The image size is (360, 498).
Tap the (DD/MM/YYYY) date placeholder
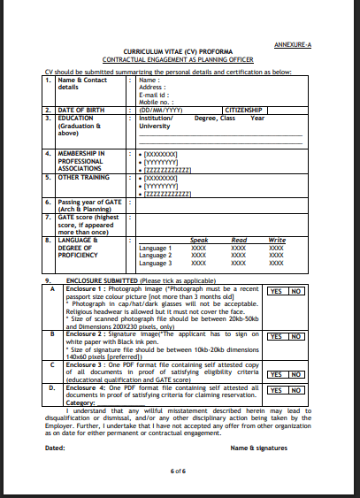click(x=160, y=110)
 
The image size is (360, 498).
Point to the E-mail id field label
click(x=155, y=95)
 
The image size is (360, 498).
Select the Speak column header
click(x=199, y=240)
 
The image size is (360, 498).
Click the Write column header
click(x=277, y=240)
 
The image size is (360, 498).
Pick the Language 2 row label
click(x=157, y=255)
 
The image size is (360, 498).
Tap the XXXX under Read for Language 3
click(x=238, y=263)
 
